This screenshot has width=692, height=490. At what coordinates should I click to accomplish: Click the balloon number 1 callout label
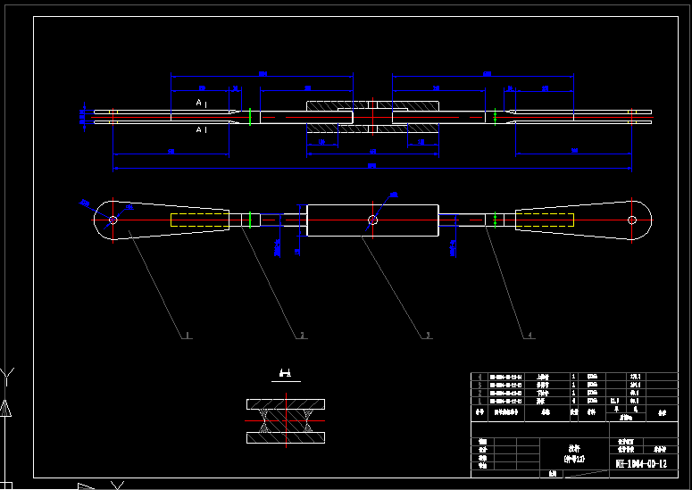pyautogui.click(x=187, y=336)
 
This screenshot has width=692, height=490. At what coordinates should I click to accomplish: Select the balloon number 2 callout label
pyautogui.click(x=302, y=336)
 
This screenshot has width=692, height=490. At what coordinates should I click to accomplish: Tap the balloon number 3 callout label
pyautogui.click(x=428, y=336)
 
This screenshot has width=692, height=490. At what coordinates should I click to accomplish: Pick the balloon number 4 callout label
pyautogui.click(x=530, y=336)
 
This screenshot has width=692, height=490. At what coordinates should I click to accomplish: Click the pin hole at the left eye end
pyautogui.click(x=113, y=220)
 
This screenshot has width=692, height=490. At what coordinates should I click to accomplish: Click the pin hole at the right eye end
pyautogui.click(x=632, y=220)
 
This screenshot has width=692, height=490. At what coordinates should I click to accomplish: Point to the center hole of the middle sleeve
pyautogui.click(x=372, y=220)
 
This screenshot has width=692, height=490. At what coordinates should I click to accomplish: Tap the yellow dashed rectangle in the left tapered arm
pyautogui.click(x=200, y=220)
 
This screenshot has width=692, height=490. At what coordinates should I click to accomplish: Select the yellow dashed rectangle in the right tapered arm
pyautogui.click(x=545, y=220)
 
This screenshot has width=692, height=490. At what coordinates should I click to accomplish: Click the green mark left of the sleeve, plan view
pyautogui.click(x=253, y=220)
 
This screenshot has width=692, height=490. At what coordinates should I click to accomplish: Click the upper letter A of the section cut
pyautogui.click(x=199, y=104)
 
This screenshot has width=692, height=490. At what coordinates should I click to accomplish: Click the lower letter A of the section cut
pyautogui.click(x=199, y=130)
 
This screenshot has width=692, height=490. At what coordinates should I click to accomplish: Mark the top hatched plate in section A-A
pyautogui.click(x=286, y=404)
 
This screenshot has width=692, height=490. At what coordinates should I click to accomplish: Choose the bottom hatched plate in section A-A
pyautogui.click(x=286, y=438)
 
